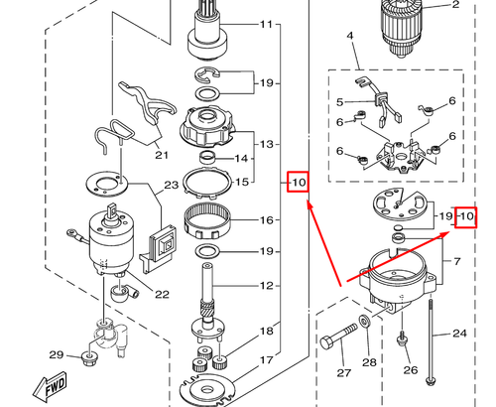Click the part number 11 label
266,24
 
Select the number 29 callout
56,355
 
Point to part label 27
344,374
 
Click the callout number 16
266,220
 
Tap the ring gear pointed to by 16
208,217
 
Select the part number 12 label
266,286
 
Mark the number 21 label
161,155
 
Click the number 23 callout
170,185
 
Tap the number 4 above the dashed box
350,37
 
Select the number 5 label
339,101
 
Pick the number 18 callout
266,331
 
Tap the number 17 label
266,360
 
